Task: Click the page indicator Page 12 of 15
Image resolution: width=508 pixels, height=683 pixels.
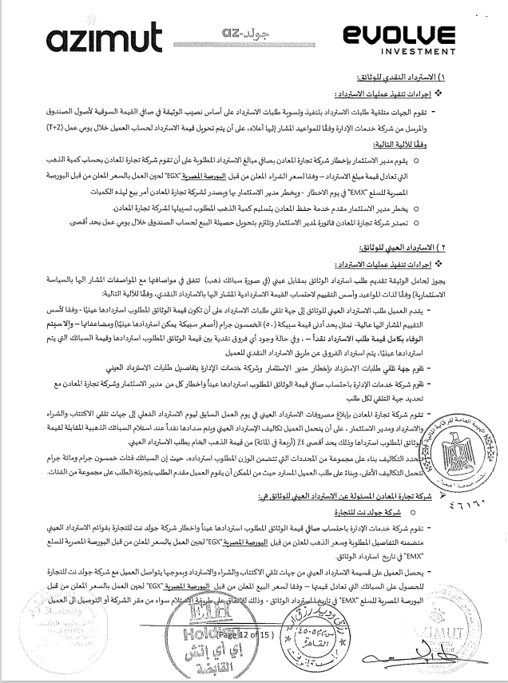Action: pos(244,635)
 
